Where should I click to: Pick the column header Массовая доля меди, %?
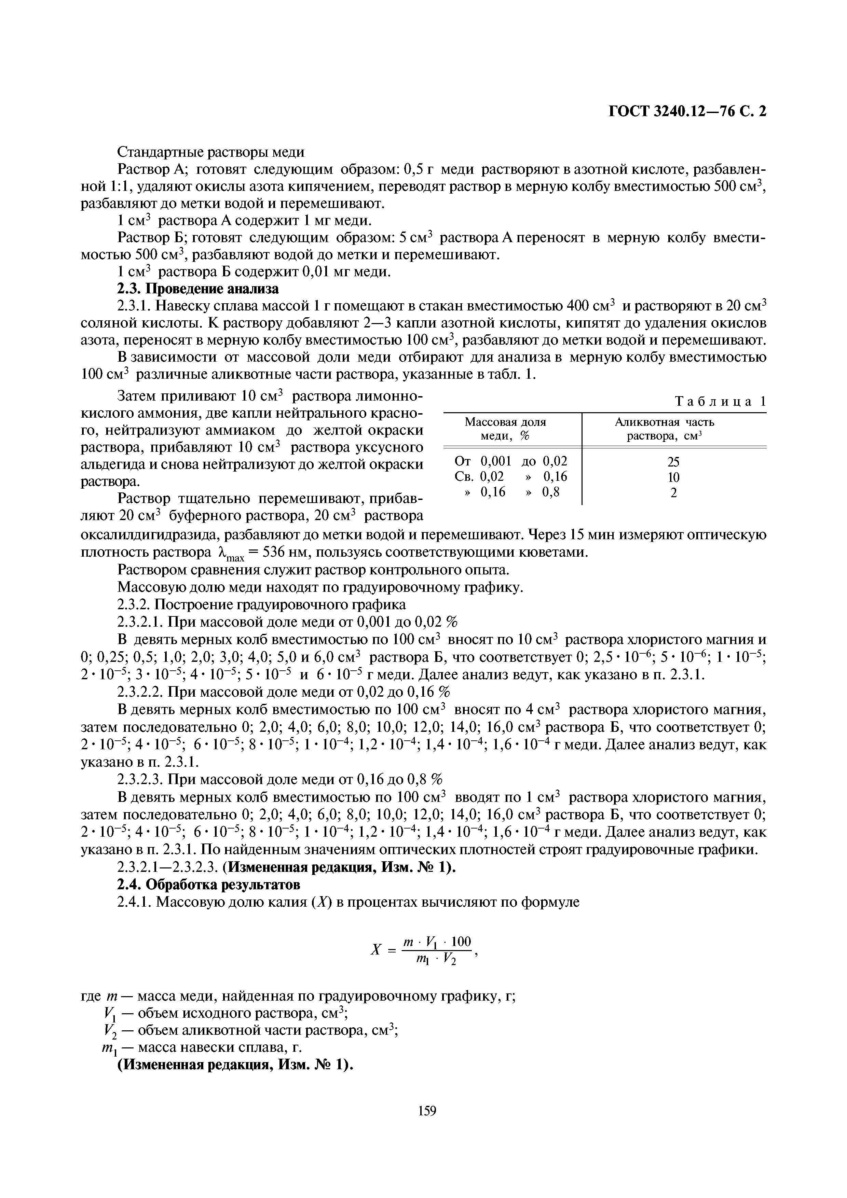point(505,429)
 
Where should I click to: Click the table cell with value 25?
point(673,462)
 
